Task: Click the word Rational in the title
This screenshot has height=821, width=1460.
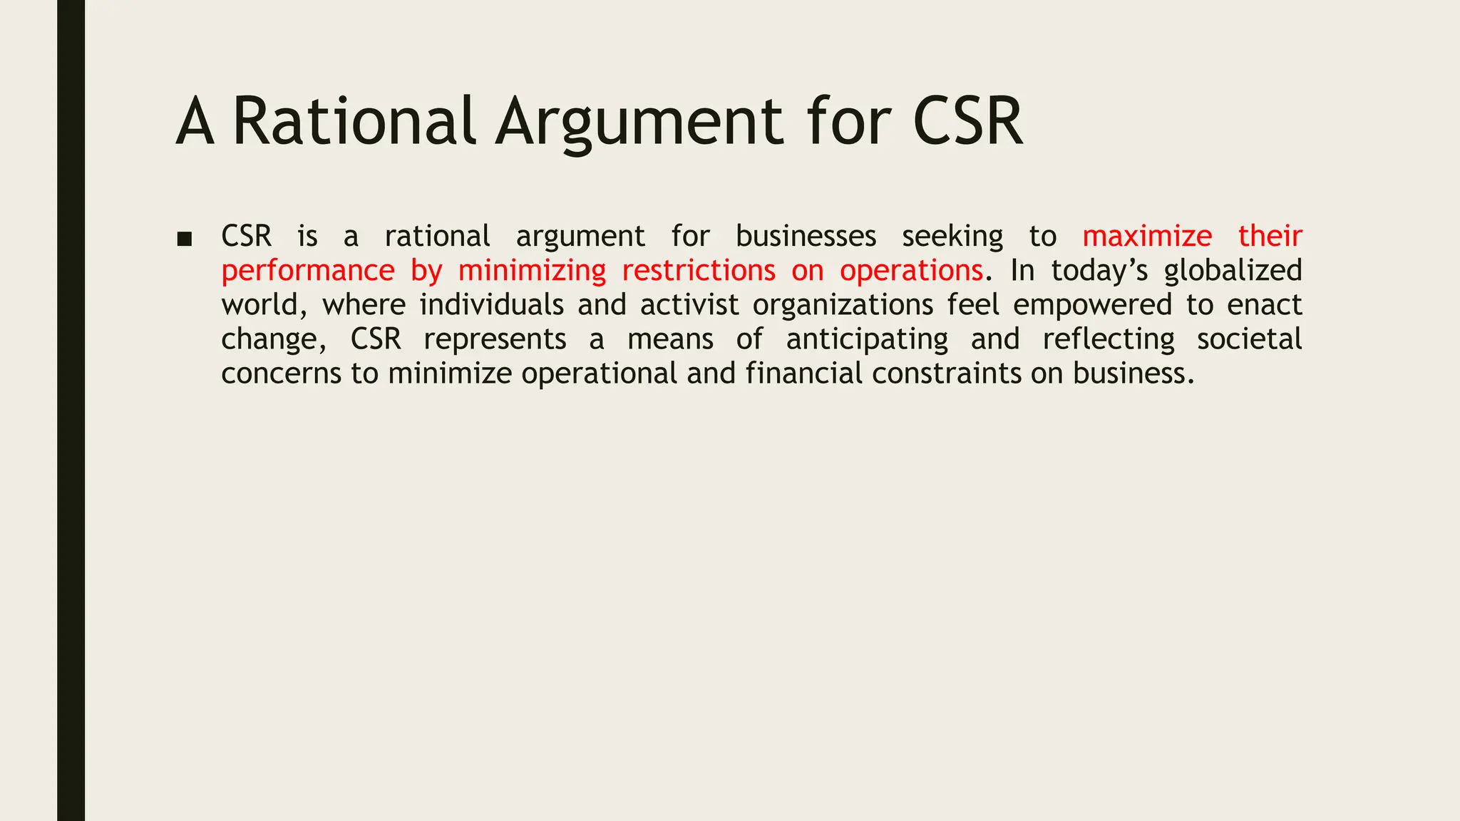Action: [x=354, y=121]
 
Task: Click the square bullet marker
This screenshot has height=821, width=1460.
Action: [x=185, y=239]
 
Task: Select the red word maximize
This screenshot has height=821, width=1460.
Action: [x=1147, y=236]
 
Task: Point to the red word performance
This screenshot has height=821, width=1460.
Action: [x=307, y=271]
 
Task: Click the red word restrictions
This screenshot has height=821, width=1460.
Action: [x=698, y=271]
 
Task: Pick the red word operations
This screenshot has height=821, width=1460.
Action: [x=911, y=271]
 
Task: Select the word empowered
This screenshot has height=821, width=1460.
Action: [x=1092, y=305]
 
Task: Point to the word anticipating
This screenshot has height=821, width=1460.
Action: [x=867, y=339]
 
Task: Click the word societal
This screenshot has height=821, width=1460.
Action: [x=1249, y=339]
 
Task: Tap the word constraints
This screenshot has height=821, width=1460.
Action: [x=946, y=373]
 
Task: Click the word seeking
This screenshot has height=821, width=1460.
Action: [x=952, y=236]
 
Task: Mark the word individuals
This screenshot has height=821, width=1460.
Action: [x=491, y=305]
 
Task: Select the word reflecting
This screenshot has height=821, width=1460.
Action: [x=1108, y=339]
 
